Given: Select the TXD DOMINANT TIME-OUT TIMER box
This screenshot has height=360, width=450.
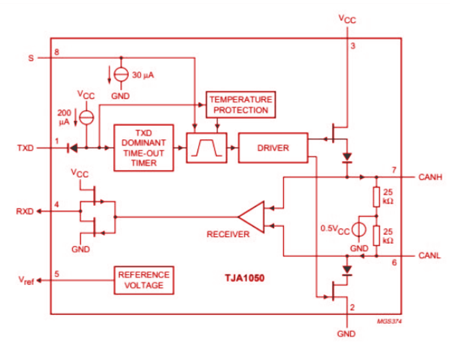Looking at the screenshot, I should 143,148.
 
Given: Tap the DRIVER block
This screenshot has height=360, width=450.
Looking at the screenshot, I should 273,148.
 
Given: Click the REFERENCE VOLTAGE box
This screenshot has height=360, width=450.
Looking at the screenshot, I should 144,280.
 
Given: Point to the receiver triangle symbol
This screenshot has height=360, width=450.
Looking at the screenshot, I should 251,217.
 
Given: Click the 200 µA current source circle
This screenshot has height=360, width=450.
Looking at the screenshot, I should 87,116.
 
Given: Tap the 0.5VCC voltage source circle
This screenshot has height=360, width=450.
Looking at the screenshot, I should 359,228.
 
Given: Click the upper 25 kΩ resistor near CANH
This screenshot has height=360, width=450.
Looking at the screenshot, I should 375,197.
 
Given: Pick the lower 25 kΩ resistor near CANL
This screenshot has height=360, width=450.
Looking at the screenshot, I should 375,235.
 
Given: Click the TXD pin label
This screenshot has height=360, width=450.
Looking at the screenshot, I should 25,148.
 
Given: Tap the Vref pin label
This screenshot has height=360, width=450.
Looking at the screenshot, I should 24,280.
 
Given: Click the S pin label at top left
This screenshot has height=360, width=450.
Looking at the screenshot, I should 31,58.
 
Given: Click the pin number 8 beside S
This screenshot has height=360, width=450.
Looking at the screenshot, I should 57,52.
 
